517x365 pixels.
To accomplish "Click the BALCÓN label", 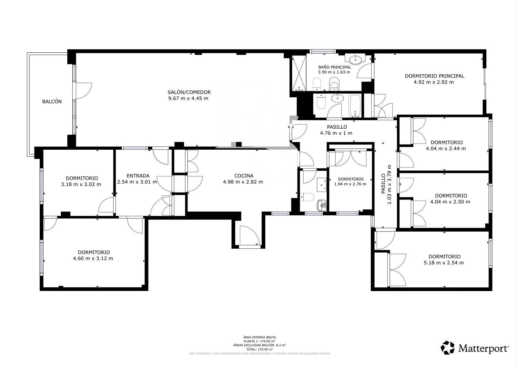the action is (52, 101).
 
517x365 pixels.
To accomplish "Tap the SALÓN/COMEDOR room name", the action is (189, 92).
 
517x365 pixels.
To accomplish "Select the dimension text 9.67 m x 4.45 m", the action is (188, 98).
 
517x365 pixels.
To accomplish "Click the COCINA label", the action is (244, 176).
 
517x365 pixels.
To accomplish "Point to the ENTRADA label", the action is (138, 176).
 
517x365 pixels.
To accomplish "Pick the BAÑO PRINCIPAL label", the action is (335, 67).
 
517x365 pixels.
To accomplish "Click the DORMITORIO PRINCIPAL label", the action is (435, 76).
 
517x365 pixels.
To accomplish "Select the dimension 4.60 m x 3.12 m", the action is (93, 258).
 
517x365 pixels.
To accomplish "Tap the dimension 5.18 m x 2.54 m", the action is (444, 263).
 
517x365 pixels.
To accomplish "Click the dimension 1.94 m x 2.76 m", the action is (350, 184).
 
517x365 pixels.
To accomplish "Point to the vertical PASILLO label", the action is (383, 183).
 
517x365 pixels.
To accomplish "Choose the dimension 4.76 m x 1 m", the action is (336, 133).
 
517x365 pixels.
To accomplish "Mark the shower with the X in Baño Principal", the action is (299, 73).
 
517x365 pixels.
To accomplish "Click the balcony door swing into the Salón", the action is (84, 91).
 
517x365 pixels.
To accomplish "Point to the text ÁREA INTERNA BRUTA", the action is (260, 337).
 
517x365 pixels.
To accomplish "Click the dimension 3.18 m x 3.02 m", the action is (81, 184).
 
